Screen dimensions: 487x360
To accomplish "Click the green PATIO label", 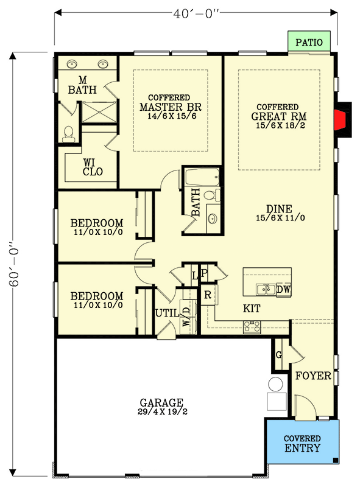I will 310,43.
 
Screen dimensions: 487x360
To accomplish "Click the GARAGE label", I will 161,402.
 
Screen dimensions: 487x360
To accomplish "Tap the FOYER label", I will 313,376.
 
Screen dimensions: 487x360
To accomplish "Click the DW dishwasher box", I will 283,290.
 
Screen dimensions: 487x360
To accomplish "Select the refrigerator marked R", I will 208,294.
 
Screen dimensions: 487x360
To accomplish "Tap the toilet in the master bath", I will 69,132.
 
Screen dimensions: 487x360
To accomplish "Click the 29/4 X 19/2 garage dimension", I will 161,412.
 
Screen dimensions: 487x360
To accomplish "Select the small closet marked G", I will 279,354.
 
